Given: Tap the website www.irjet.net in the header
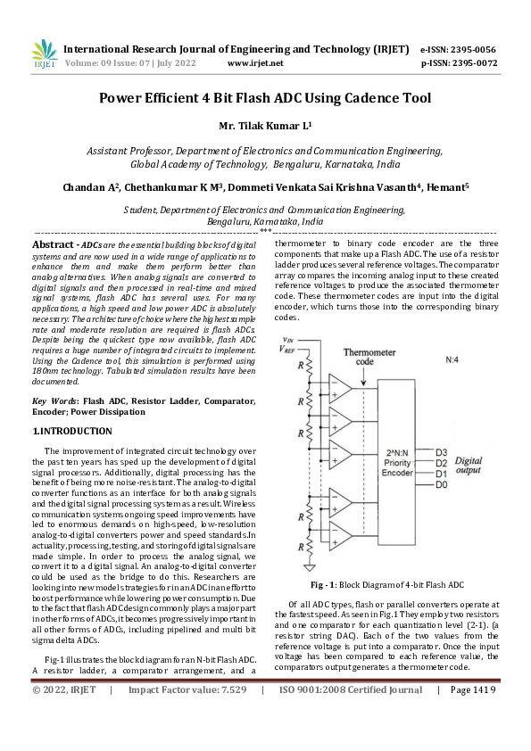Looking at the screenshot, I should coord(255,64).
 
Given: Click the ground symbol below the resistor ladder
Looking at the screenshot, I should coord(309,565).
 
